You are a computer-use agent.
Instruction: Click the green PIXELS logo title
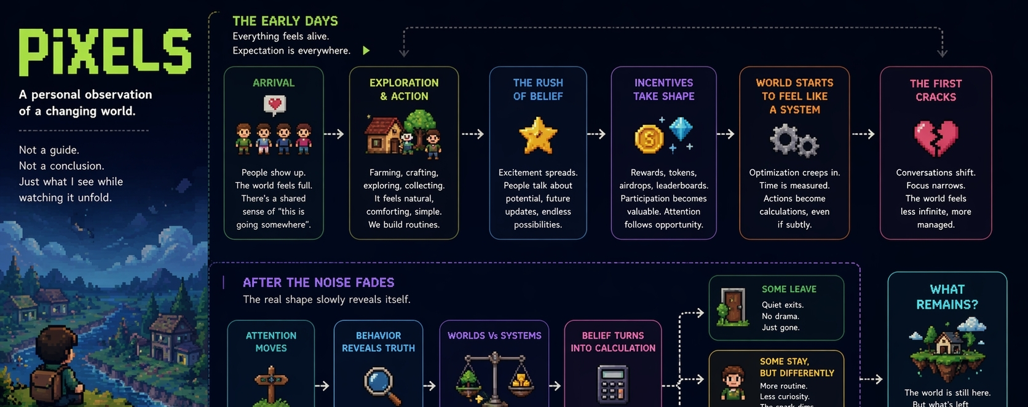tap(105, 52)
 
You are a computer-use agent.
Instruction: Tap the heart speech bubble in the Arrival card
tap(274, 105)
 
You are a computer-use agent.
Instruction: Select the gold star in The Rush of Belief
tap(538, 136)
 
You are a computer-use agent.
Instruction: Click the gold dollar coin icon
tap(649, 138)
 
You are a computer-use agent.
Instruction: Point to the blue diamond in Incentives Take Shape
tap(681, 129)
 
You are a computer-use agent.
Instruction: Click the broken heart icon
tap(936, 138)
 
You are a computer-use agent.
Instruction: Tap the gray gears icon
tap(794, 140)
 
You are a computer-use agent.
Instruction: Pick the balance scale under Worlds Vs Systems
tap(495, 379)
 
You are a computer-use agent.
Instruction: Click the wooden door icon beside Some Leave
tap(732, 306)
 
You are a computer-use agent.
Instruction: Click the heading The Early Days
tap(285, 21)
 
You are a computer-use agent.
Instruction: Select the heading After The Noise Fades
tap(318, 283)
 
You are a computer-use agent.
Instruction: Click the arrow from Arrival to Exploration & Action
tap(334, 134)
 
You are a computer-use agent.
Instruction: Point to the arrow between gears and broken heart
tap(863, 134)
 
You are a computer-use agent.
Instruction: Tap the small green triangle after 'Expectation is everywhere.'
tap(366, 50)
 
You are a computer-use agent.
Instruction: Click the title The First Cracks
tap(936, 90)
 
